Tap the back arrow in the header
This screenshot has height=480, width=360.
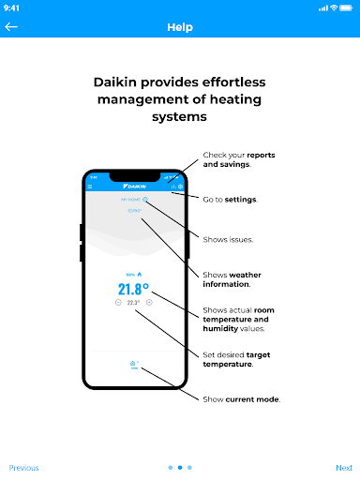pos(12,27)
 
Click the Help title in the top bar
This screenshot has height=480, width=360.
pos(180,27)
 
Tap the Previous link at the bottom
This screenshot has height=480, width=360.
pos(24,467)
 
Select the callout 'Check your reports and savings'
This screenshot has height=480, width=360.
pos(239,159)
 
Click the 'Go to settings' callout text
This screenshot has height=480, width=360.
pos(230,199)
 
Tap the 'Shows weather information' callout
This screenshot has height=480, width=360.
pos(233,278)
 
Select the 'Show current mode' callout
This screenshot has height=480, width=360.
pos(241,398)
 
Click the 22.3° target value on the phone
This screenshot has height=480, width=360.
pos(133,303)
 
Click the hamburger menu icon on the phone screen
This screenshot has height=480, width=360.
pos(91,187)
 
